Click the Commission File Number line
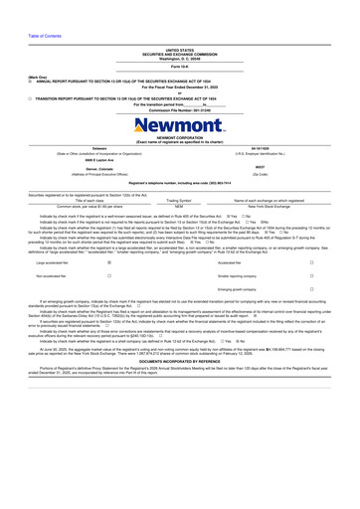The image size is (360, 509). point(180,109)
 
